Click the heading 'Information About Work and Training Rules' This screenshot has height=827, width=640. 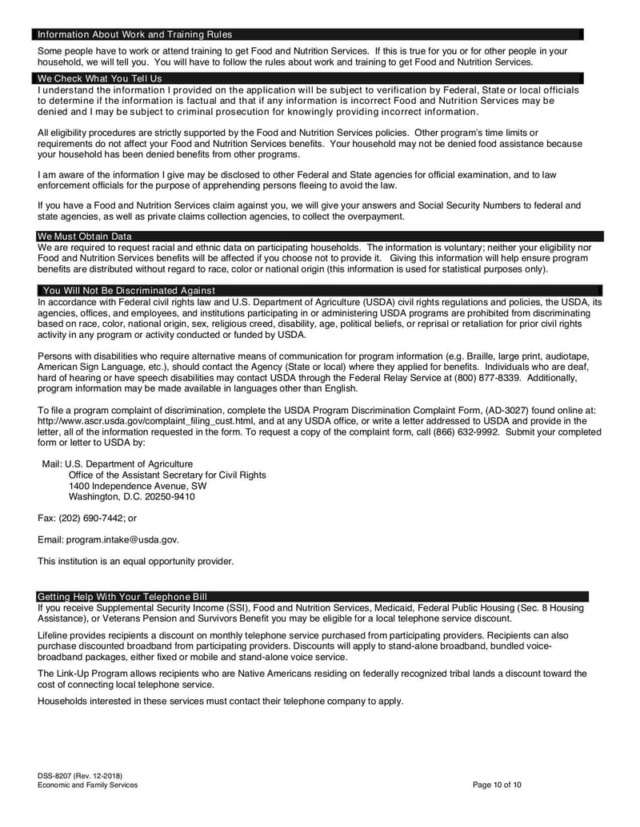134,34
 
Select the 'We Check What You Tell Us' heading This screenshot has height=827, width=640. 99,78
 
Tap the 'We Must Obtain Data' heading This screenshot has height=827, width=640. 85,237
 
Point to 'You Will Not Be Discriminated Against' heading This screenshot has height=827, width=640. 129,290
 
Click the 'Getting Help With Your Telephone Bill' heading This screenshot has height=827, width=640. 122,597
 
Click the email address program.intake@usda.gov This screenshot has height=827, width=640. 122,539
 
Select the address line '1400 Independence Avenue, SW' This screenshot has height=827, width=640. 138,486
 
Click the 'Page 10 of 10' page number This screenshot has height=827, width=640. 497,785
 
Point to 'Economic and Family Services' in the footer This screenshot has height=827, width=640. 87,785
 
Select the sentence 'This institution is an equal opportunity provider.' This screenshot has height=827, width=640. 136,561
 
